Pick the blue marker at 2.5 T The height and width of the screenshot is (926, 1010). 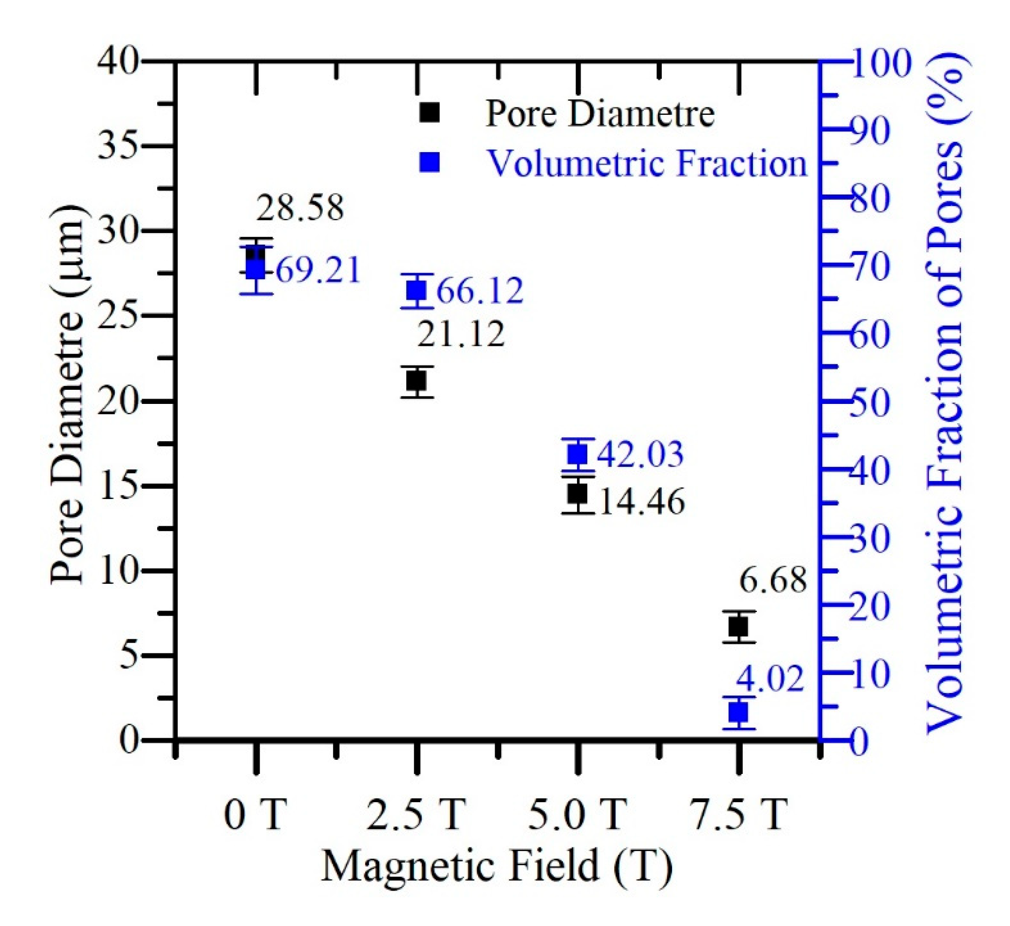pyautogui.click(x=417, y=290)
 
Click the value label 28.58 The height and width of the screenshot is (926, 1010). pyautogui.click(x=300, y=208)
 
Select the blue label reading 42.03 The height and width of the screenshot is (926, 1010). pyautogui.click(x=641, y=454)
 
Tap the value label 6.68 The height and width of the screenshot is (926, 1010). pyautogui.click(x=773, y=580)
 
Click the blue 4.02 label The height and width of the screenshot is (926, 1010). pyautogui.click(x=770, y=679)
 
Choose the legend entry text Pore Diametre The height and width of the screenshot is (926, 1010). pyautogui.click(x=600, y=114)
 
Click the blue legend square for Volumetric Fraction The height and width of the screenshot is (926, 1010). pyautogui.click(x=430, y=162)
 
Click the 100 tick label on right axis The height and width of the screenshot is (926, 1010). pyautogui.click(x=880, y=64)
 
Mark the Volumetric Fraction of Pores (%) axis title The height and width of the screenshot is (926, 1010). pyautogui.click(x=946, y=396)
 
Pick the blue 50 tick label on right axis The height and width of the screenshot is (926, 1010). pyautogui.click(x=870, y=402)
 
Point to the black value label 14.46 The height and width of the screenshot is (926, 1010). pyautogui.click(x=642, y=501)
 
